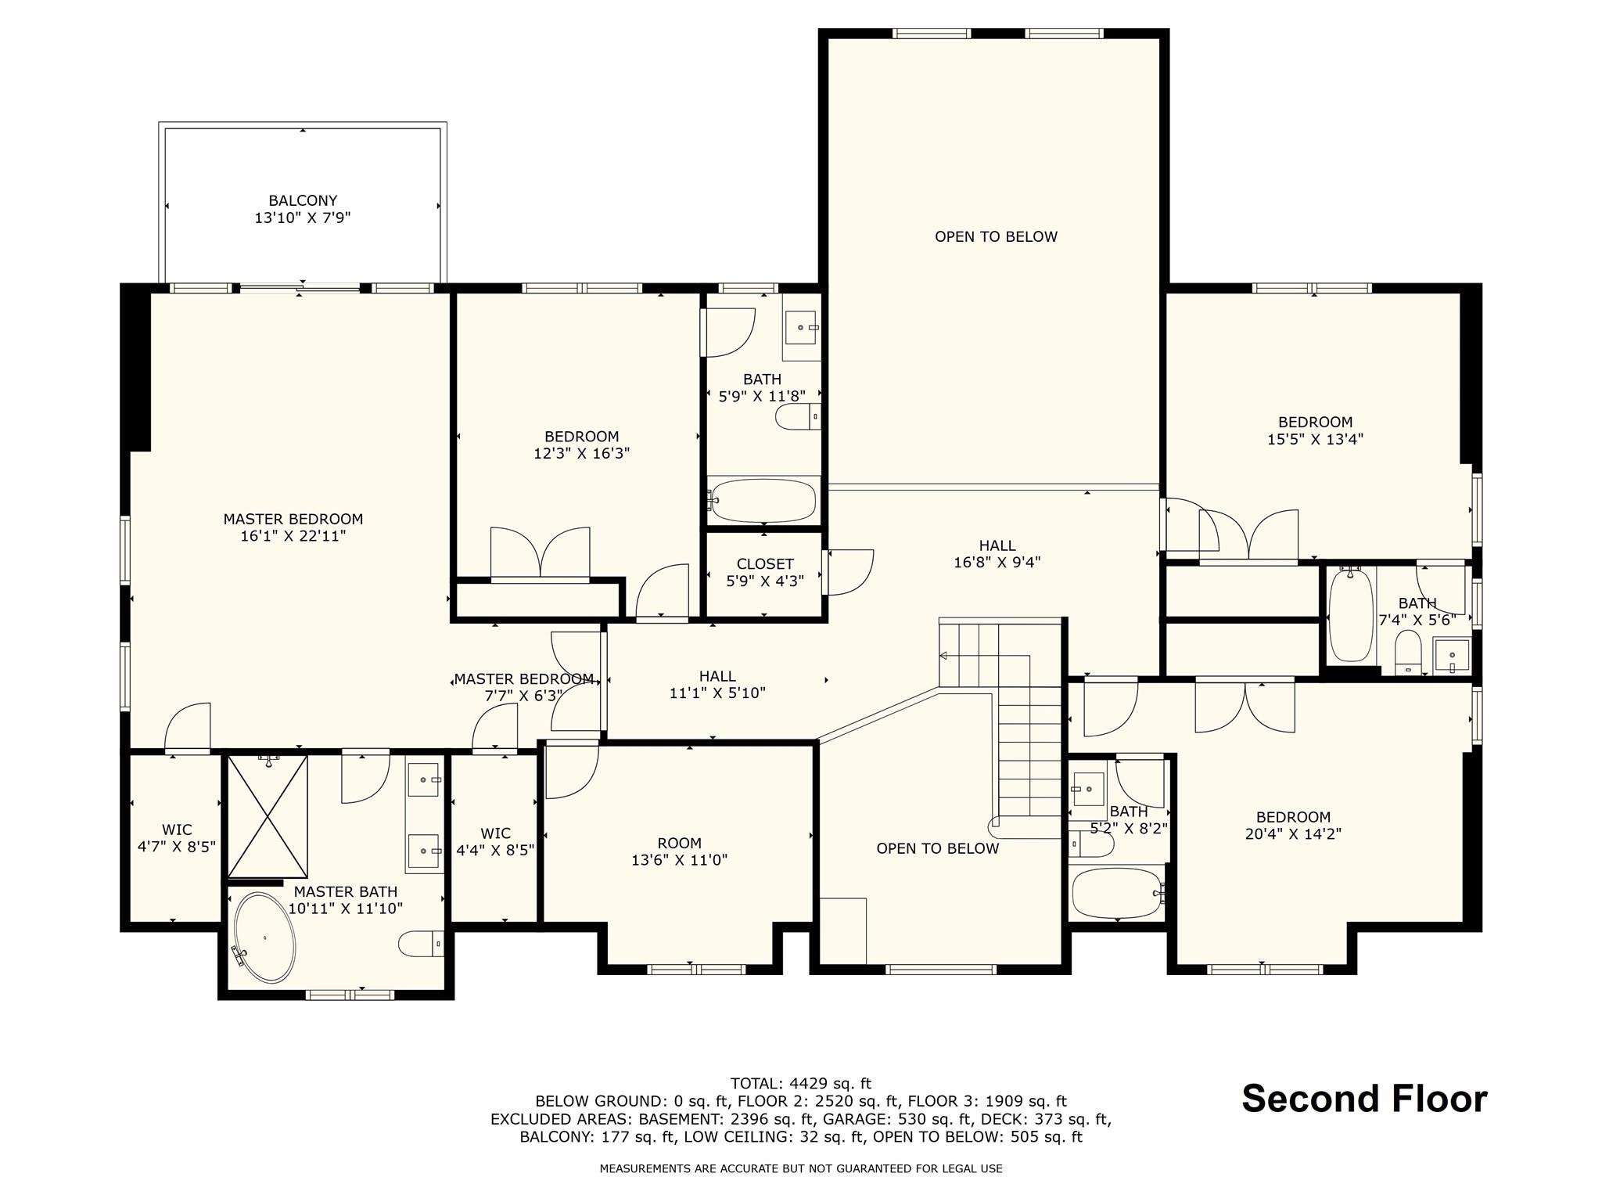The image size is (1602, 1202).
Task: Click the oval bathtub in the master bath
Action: tap(265, 937)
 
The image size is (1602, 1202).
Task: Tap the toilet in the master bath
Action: tap(421, 944)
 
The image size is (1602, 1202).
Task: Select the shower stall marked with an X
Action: tap(268, 816)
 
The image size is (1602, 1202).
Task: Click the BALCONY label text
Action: tap(303, 201)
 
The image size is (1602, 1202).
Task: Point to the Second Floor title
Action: tap(1364, 1099)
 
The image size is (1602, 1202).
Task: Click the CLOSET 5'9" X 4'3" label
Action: tap(765, 573)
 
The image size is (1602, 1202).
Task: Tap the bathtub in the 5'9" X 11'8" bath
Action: tap(763, 500)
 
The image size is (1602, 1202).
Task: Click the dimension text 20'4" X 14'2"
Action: tap(1293, 834)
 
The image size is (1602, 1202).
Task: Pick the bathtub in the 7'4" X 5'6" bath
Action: tap(1351, 616)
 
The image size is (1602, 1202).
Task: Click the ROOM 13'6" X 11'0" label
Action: tap(679, 851)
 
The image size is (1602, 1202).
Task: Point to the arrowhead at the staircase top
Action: tap(943, 656)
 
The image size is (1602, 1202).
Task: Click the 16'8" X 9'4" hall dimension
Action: tap(997, 563)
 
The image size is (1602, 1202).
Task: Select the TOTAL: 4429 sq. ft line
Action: tap(801, 1084)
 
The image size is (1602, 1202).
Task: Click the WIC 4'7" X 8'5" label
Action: tap(177, 838)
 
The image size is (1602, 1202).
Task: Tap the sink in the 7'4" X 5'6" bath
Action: tap(1451, 655)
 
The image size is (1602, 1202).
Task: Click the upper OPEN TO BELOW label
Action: tap(996, 236)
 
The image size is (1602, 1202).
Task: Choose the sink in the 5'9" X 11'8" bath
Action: tap(802, 327)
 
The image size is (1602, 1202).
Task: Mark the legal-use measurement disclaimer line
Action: tap(801, 1168)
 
